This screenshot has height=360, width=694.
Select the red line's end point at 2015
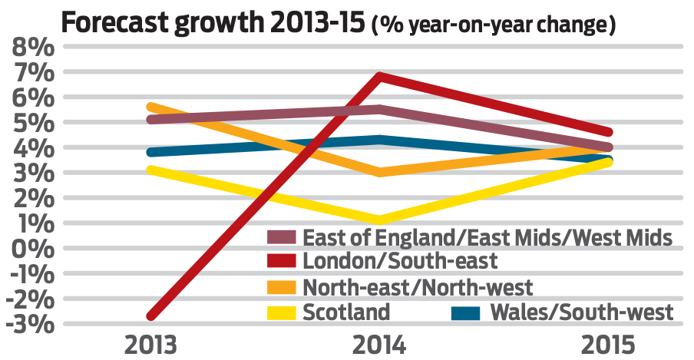coord(608,132)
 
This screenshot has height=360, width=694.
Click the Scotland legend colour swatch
coord(281,312)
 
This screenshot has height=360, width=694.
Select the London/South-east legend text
coord(400,261)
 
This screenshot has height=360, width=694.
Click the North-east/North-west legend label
coord(418,287)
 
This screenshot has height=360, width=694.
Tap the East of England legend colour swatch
coord(281,236)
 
